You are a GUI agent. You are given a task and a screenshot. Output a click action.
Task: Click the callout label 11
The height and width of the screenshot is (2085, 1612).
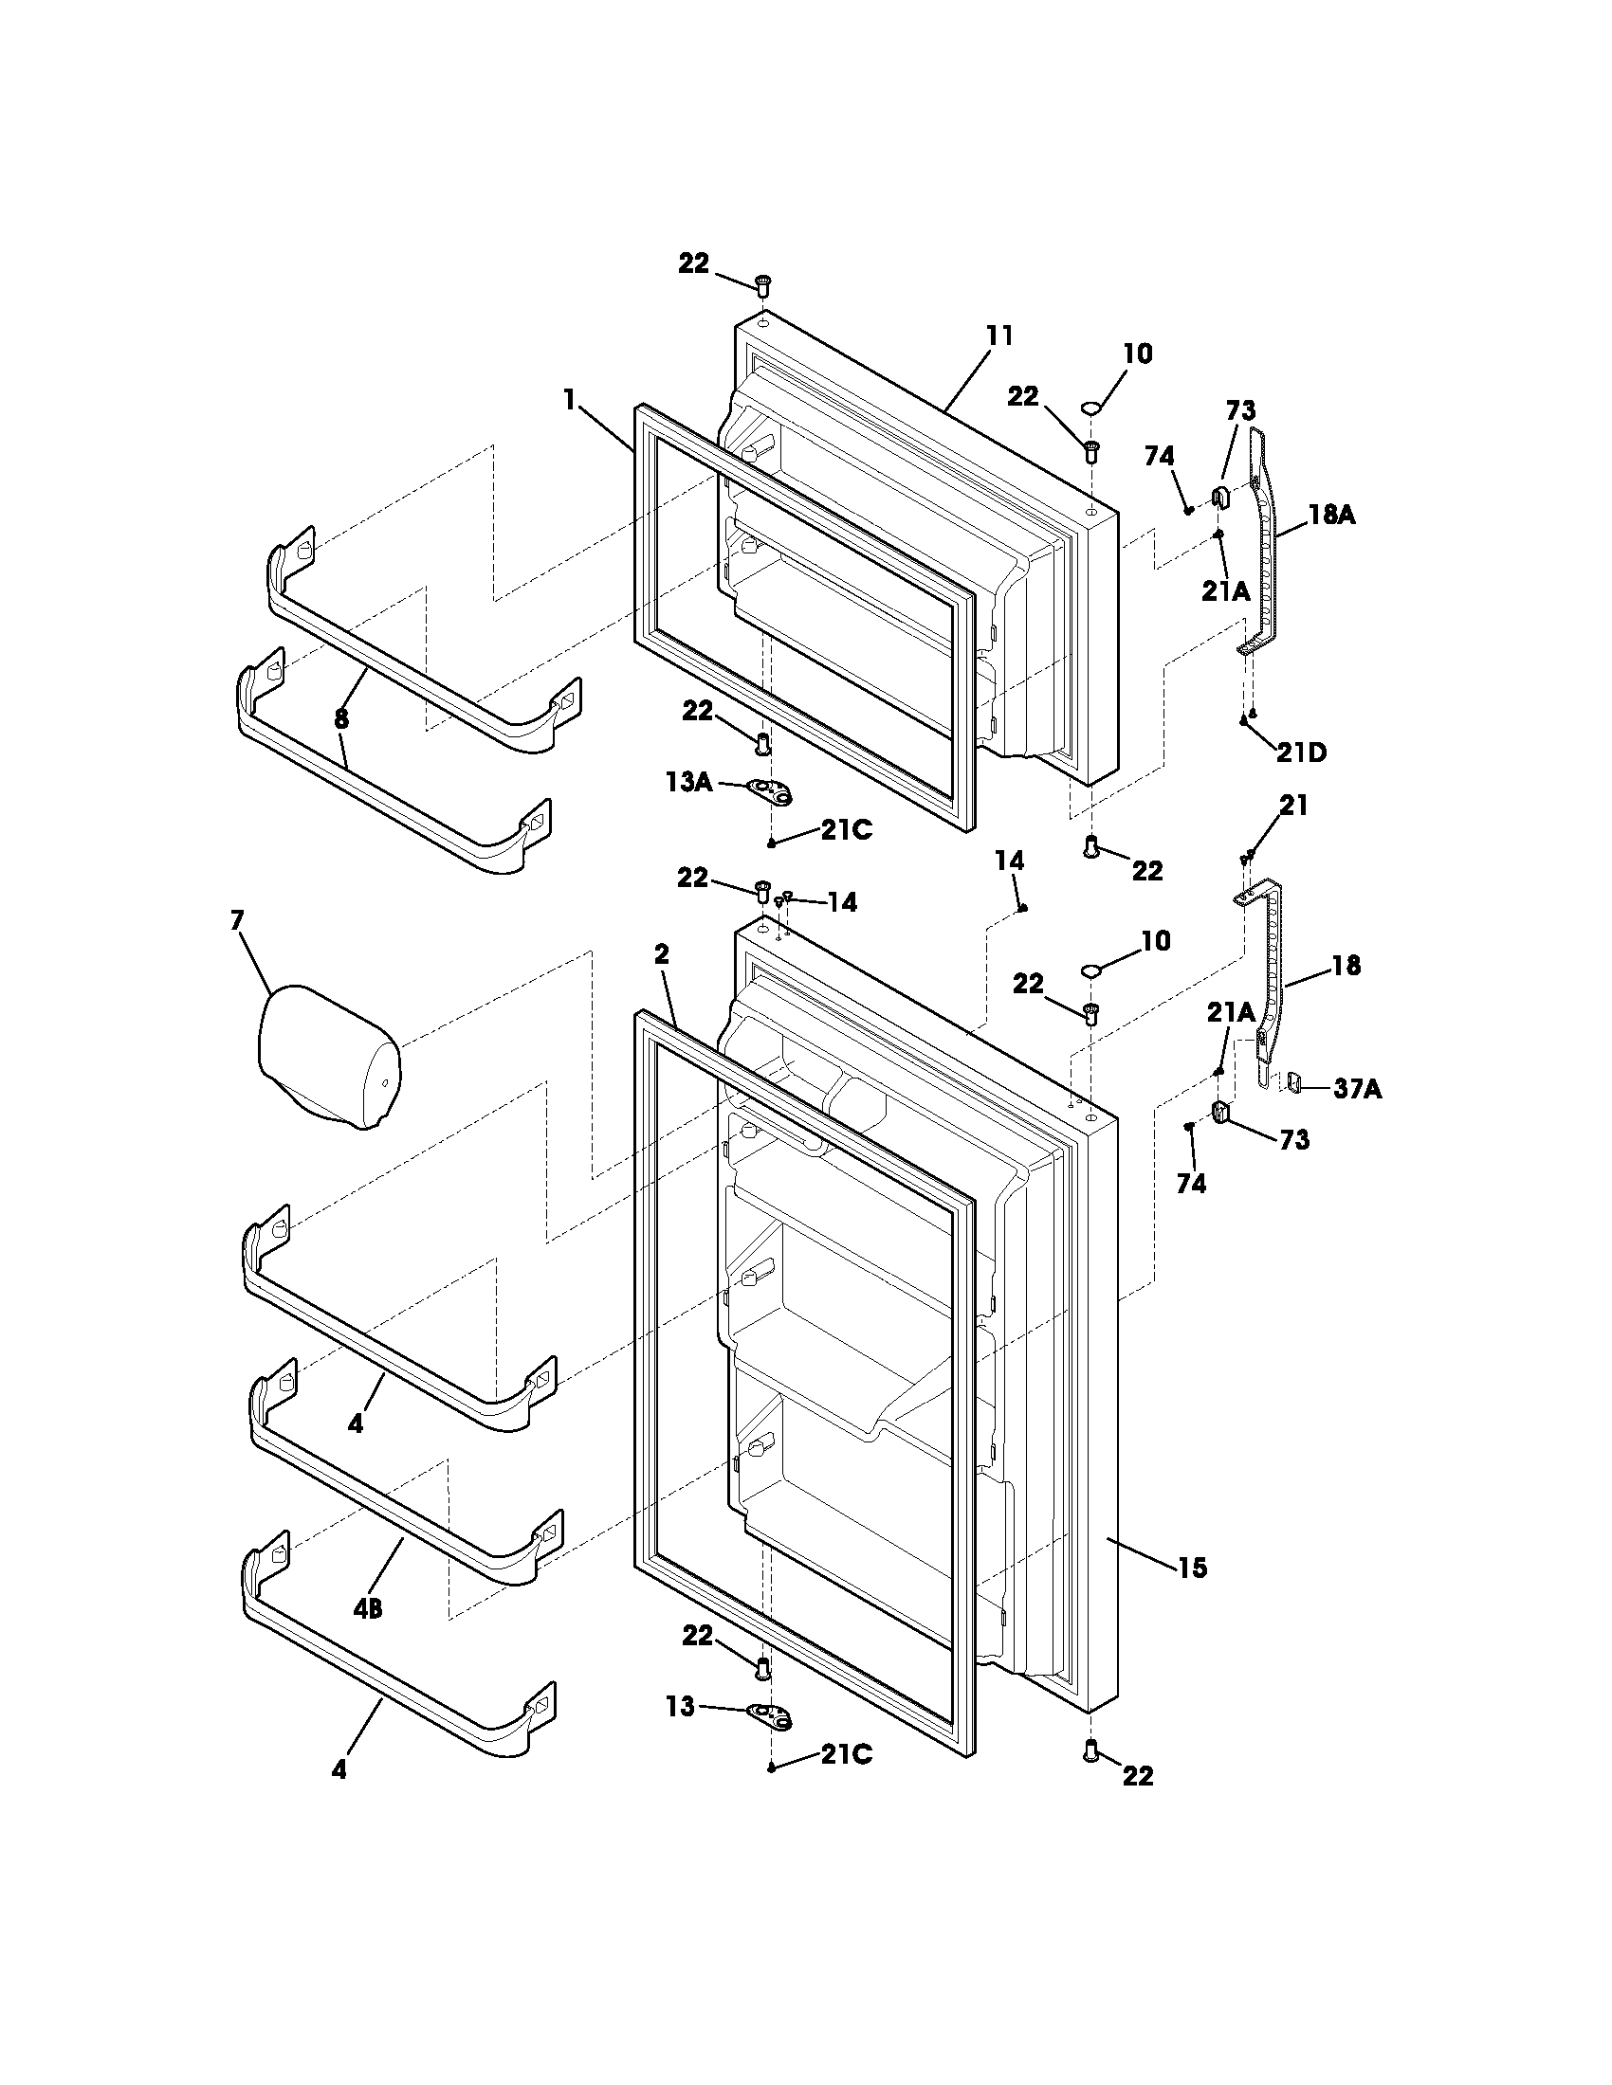(x=998, y=336)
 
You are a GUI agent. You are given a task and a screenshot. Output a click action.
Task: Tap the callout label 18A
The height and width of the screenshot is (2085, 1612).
(x=1331, y=516)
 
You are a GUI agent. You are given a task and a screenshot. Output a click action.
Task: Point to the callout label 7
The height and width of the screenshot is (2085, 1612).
(x=237, y=920)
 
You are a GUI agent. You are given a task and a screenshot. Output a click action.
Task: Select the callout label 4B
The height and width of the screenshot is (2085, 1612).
(x=368, y=1609)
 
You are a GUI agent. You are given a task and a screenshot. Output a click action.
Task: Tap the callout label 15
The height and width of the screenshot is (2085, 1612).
(x=1192, y=1568)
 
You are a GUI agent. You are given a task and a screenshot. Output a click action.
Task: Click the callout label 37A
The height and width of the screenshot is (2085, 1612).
(x=1357, y=1088)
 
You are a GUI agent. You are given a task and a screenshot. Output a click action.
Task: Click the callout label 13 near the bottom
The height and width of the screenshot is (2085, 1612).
(x=680, y=1706)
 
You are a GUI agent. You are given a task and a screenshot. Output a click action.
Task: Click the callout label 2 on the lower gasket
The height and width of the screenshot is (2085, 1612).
(x=662, y=953)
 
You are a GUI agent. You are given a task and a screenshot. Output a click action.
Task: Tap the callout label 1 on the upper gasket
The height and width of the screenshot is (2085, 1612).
(x=570, y=400)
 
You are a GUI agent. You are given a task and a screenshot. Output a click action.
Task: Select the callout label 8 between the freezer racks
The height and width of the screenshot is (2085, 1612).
(x=341, y=720)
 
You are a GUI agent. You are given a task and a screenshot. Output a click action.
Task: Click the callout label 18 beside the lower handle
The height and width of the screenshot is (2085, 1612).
(x=1346, y=965)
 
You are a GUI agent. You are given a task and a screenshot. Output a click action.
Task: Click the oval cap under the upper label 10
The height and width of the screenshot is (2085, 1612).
(x=1090, y=408)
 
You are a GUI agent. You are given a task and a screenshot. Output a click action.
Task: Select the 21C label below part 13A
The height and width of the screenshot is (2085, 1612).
(x=846, y=830)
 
